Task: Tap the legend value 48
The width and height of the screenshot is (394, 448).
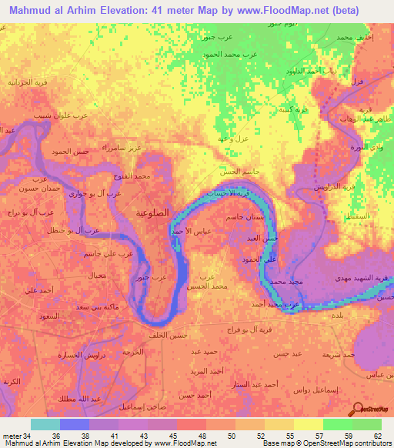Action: point(192,436)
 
